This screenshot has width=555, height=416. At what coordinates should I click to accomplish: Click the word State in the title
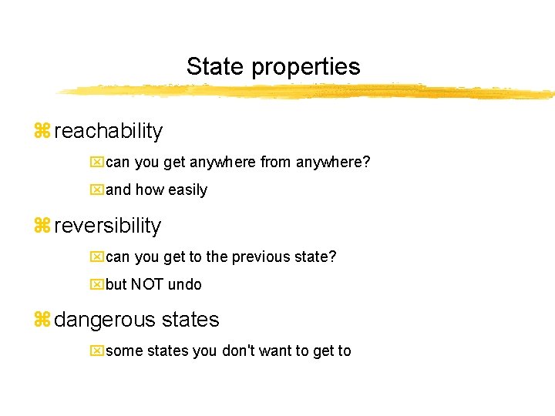(214, 66)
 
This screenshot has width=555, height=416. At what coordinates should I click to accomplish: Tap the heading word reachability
(109, 131)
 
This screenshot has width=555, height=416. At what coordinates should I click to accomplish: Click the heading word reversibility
(108, 226)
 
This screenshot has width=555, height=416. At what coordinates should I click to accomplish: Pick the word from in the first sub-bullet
(277, 163)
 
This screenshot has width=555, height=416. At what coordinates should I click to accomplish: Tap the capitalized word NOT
(146, 284)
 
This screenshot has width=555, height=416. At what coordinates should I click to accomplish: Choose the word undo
(185, 284)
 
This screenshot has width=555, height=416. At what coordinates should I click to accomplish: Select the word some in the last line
(124, 351)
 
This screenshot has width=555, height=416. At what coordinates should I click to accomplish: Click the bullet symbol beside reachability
(42, 131)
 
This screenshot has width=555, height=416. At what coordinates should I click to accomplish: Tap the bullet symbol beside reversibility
(42, 226)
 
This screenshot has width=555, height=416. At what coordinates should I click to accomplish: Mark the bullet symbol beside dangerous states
(42, 320)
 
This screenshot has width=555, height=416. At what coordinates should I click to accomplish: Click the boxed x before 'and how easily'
(96, 190)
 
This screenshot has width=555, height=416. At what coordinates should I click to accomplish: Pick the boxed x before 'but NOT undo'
(96, 284)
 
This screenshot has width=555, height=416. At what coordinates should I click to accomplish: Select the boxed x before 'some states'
(96, 351)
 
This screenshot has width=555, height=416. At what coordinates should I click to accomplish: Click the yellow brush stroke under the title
(308, 92)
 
